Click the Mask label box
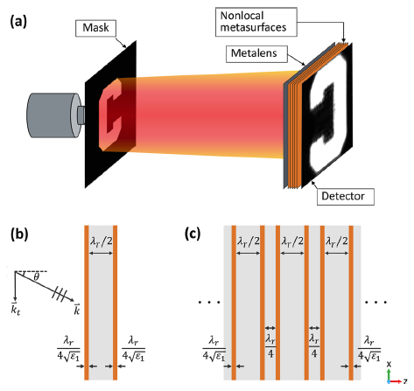[95, 28]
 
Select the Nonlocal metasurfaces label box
[256, 22]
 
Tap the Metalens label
[256, 53]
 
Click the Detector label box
[346, 197]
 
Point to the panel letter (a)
[18, 22]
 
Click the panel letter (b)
[19, 234]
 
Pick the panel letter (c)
[193, 234]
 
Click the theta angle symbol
[36, 277]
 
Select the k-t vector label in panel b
[15, 310]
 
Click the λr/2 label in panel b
[101, 241]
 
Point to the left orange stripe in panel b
[87, 303]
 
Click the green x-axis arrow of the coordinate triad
[389, 374]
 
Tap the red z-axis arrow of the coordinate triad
[396, 381]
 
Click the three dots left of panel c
[209, 303]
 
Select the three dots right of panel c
[376, 303]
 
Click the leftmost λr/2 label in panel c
[248, 241]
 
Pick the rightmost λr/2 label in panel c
[337, 241]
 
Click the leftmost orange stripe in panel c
[234, 303]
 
